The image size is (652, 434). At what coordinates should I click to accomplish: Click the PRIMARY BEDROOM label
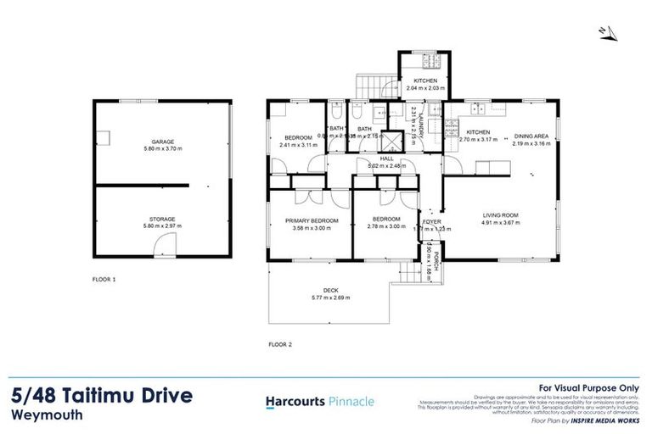point(312,220)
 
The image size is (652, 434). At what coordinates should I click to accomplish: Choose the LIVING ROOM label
point(499,215)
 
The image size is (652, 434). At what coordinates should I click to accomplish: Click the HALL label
point(386,159)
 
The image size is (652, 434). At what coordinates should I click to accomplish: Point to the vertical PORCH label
point(436,259)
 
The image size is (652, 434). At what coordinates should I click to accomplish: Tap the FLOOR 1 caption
point(104,278)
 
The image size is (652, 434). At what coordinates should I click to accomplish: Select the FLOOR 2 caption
point(280,344)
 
